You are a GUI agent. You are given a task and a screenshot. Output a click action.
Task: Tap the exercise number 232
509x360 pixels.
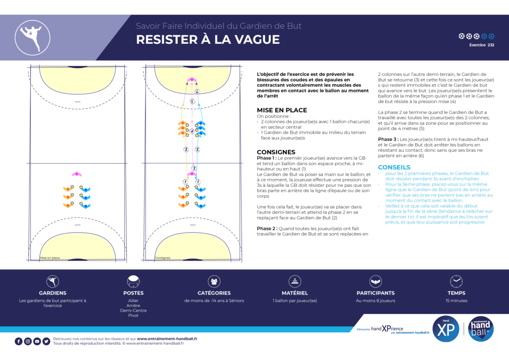(x=491, y=45)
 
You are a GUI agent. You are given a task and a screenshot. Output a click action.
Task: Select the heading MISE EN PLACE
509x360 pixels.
(x=281, y=110)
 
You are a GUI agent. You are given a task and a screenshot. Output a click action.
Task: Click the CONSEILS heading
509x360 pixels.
(x=394, y=167)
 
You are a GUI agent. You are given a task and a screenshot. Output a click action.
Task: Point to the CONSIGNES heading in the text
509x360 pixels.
(x=276, y=152)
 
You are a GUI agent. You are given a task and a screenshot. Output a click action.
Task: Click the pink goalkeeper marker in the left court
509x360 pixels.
(x=76, y=174)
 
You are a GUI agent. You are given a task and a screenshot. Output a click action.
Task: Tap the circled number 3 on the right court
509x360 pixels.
(x=194, y=169)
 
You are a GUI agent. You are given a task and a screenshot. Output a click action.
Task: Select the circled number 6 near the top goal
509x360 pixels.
(x=197, y=92)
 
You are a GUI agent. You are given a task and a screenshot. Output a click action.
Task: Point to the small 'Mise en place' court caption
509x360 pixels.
(x=50, y=258)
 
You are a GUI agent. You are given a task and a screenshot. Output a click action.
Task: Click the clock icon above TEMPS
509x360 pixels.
(x=456, y=281)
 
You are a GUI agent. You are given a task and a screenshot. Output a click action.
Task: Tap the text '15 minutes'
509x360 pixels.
(x=456, y=300)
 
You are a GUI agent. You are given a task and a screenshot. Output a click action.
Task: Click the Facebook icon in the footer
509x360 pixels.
(x=18, y=341)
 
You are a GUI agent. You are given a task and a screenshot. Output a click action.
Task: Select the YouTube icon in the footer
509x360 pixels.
(x=37, y=341)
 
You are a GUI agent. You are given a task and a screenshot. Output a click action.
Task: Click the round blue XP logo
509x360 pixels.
(x=446, y=330)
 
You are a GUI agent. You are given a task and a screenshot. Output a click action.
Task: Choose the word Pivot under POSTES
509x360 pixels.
(x=133, y=315)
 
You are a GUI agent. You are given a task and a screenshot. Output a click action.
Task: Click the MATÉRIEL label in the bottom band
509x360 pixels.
(x=295, y=293)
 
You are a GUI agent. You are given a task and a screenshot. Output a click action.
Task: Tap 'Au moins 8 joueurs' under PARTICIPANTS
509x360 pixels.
(x=375, y=300)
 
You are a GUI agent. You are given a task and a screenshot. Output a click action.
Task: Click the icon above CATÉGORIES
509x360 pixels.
(x=214, y=281)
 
